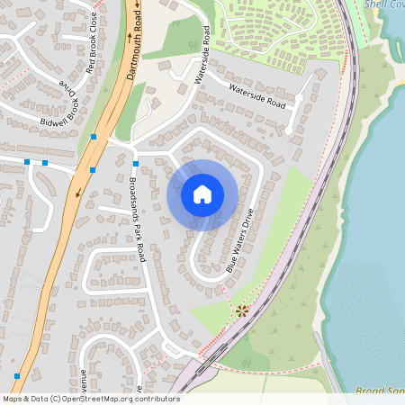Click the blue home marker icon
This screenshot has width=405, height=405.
pos(202,193)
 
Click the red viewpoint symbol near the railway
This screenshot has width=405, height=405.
pos(241,310)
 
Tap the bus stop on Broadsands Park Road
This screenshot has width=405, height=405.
pos(135,164)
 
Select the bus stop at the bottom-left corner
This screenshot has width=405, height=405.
pos(16,376)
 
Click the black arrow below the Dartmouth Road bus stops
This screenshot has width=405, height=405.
pos(77,191)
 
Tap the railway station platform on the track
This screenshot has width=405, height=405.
pos(203,364)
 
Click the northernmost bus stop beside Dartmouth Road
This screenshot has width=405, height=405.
pos(94,137)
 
